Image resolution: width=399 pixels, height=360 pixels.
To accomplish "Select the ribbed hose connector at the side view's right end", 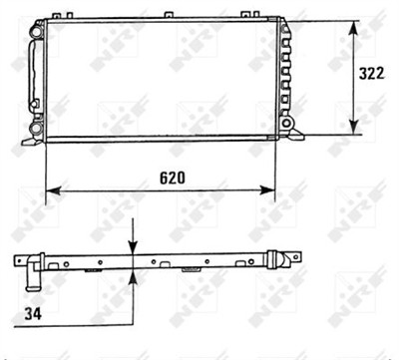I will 282,262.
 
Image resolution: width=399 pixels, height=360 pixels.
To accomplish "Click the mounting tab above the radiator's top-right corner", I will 289,17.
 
